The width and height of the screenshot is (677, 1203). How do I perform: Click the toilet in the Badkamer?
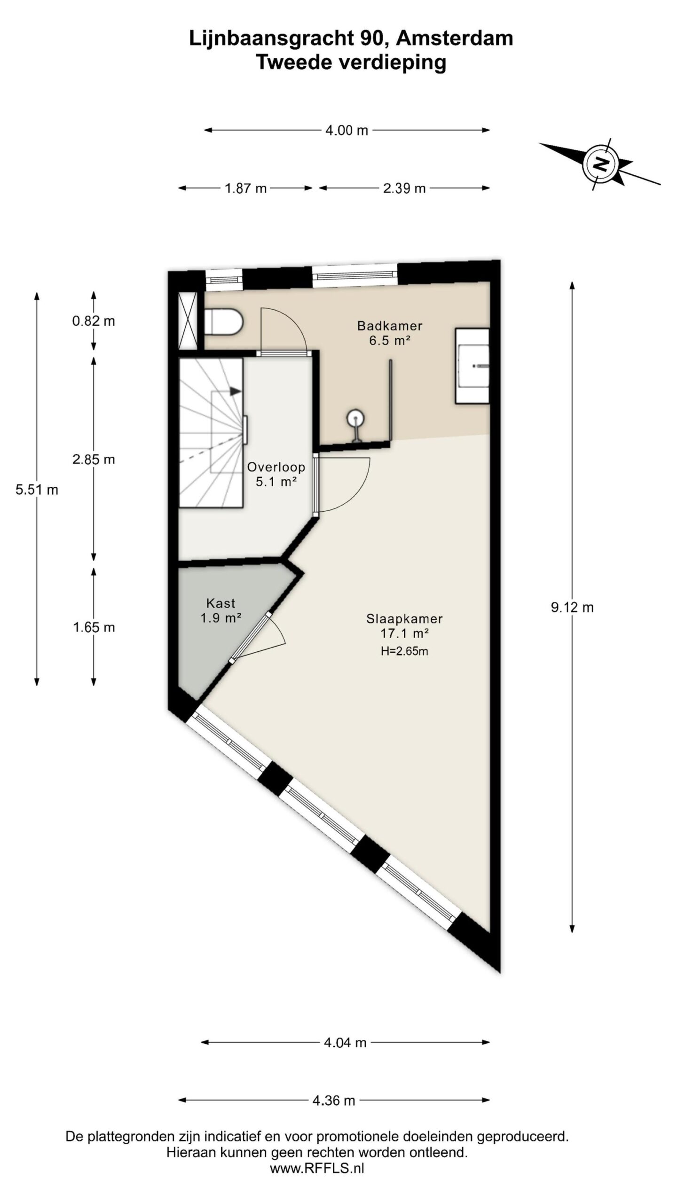click(223, 321)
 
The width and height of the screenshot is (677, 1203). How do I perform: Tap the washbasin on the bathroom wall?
click(472, 366)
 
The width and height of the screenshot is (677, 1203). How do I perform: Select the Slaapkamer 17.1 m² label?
click(404, 625)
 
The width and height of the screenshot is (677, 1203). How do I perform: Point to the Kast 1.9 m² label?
click(220, 610)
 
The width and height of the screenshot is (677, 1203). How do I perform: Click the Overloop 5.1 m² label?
click(276, 474)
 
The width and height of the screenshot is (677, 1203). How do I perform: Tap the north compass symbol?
click(600, 164)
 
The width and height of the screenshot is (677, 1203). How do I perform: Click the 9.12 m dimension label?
click(572, 607)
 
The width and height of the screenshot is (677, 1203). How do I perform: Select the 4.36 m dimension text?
click(334, 1100)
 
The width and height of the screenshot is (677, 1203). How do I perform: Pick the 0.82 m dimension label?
click(94, 321)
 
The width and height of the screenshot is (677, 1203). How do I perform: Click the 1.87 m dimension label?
click(245, 188)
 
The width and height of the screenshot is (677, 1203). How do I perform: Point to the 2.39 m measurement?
click(404, 188)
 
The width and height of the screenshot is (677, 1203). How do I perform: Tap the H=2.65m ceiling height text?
click(404, 651)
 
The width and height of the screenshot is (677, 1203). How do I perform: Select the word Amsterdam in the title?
click(454, 38)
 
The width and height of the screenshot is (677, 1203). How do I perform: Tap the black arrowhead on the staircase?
click(236, 391)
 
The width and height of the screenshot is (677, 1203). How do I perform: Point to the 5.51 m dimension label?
click(37, 490)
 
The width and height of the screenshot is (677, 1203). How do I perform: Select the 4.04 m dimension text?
click(345, 1043)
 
